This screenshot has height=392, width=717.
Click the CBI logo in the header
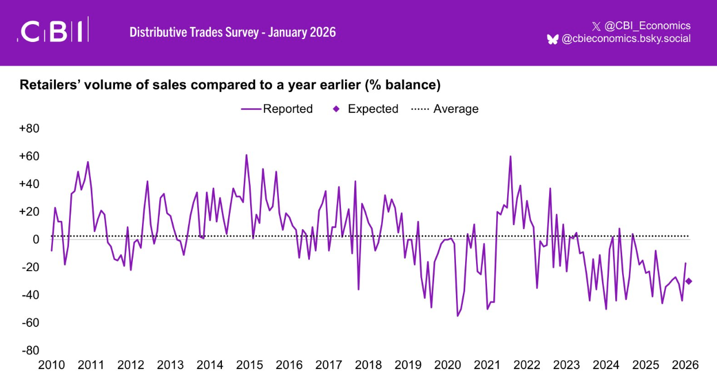[x=53, y=31]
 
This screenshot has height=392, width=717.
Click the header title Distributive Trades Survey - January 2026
[x=232, y=32]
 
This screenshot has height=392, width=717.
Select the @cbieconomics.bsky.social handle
[x=626, y=39]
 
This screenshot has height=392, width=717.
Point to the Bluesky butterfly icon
[x=553, y=39]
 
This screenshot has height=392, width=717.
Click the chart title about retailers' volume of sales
[x=230, y=85]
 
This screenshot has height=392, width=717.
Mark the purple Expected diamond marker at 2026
[x=689, y=281]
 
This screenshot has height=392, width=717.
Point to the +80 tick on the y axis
[x=29, y=128]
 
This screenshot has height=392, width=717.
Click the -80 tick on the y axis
[x=29, y=351]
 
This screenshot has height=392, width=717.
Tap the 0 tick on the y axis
[x=35, y=239]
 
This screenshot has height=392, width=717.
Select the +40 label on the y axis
[x=29, y=184]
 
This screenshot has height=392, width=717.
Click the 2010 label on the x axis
[x=51, y=365]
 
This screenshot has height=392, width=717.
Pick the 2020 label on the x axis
[x=447, y=365]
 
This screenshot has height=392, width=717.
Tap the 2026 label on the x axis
[x=685, y=365]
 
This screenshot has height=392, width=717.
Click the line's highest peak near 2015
[x=247, y=155]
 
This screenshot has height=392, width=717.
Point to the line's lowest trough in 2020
[x=458, y=315]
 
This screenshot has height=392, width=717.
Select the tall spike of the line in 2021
[x=510, y=157]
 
